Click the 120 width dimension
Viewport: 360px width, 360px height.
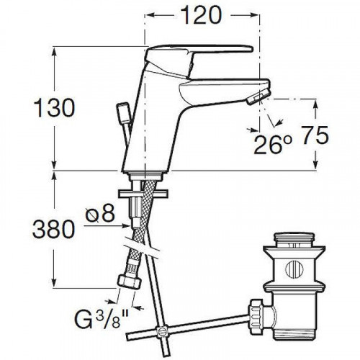click(201, 15)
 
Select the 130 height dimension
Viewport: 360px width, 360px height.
click(55, 108)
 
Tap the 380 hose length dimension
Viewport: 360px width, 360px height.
click(53, 229)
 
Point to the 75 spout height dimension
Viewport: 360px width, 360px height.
click(315, 135)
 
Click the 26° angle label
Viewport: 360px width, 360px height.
click(273, 145)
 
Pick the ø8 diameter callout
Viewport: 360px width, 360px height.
click(100, 213)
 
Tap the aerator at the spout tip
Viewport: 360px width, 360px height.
click(258, 96)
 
